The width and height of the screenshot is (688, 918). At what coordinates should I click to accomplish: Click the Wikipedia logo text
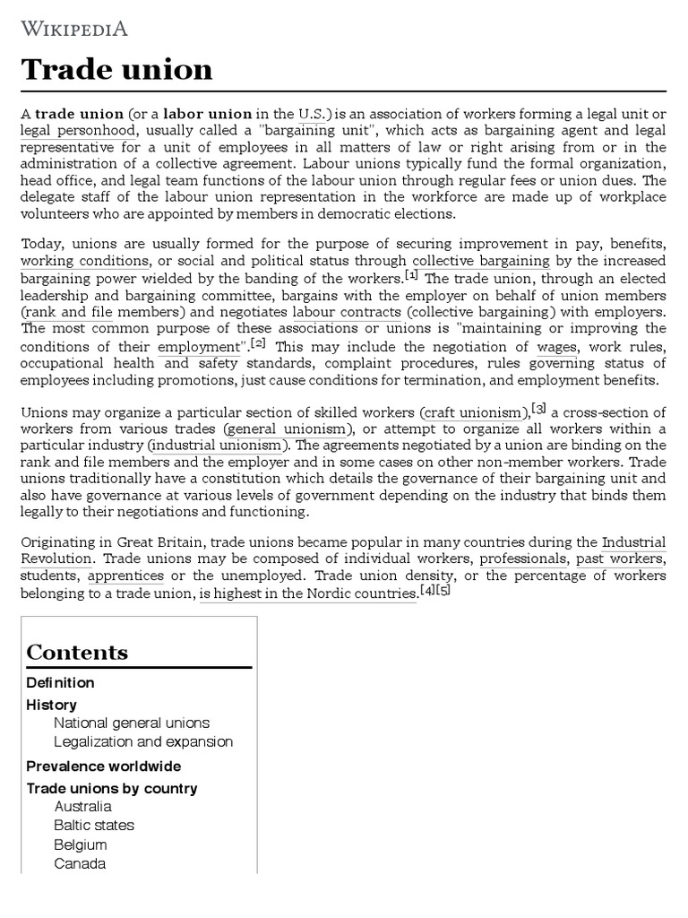(x=74, y=29)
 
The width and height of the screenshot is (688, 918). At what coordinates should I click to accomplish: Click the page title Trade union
(x=116, y=70)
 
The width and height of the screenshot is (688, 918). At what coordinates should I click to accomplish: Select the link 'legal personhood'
(x=79, y=131)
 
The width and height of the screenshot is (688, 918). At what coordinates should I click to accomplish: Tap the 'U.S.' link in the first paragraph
(x=314, y=114)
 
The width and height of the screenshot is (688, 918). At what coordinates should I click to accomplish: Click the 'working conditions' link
(x=85, y=261)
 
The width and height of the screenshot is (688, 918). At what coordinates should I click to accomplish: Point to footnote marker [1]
(x=411, y=274)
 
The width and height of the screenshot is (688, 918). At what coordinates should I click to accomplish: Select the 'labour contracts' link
(x=347, y=312)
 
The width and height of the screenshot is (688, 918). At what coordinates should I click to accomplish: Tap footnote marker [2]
(x=258, y=342)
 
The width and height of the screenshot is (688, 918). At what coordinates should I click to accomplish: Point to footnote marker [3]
(x=538, y=409)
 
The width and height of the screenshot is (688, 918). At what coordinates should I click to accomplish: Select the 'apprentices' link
(x=125, y=576)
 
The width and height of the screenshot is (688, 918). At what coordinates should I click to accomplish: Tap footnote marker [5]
(x=443, y=590)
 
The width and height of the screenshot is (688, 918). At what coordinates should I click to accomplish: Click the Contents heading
(x=77, y=652)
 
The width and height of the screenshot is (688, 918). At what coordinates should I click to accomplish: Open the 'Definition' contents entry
(x=60, y=682)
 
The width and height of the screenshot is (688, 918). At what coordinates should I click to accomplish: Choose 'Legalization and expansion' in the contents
(x=143, y=741)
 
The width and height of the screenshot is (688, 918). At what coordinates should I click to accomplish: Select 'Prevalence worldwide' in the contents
(x=103, y=766)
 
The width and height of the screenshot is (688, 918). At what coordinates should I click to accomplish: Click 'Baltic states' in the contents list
(x=94, y=825)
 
